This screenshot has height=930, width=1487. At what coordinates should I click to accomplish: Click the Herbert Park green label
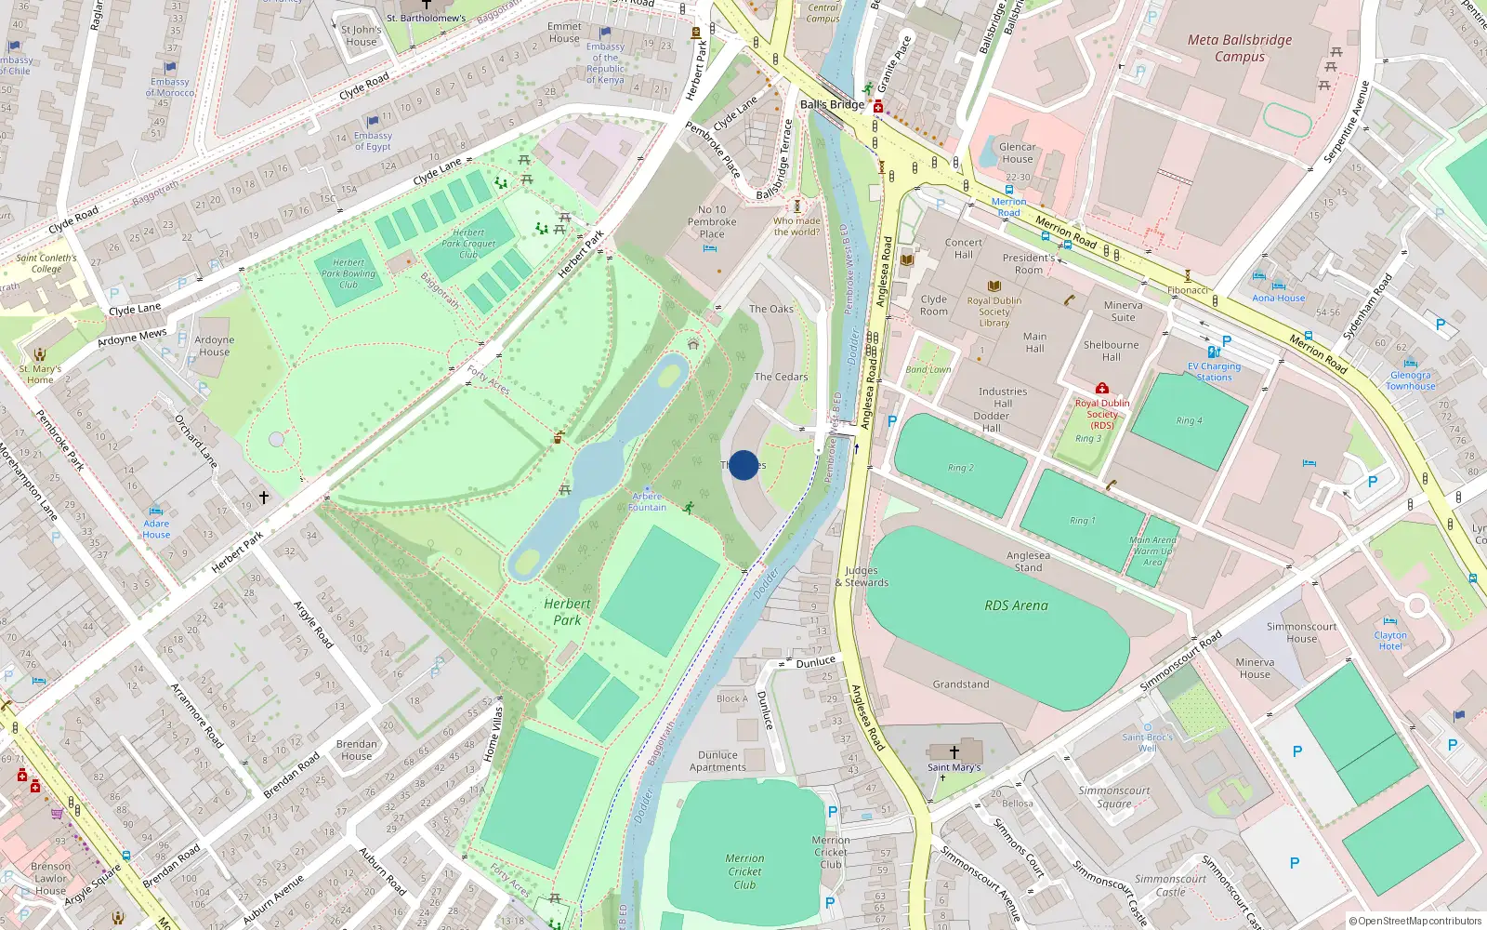click(x=567, y=612)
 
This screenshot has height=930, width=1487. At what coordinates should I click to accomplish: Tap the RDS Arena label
click(x=1016, y=605)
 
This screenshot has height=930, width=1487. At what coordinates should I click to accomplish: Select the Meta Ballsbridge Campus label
click(x=1240, y=48)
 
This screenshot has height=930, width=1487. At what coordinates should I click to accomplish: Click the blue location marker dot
click(x=743, y=465)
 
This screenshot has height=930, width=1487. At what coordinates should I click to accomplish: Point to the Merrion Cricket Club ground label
click(x=744, y=871)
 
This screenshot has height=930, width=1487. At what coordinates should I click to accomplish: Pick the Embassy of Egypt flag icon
click(x=373, y=121)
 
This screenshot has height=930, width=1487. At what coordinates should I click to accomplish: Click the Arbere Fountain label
click(x=647, y=502)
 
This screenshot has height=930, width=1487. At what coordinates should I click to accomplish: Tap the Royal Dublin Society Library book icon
click(x=994, y=286)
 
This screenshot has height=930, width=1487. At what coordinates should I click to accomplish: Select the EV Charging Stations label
click(x=1214, y=372)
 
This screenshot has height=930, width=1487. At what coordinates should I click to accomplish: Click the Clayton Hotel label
click(x=1390, y=641)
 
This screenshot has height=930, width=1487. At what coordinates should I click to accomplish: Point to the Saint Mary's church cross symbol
click(x=954, y=751)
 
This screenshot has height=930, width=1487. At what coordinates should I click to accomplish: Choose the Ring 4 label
click(x=1189, y=420)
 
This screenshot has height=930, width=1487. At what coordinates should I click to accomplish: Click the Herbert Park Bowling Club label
click(x=349, y=273)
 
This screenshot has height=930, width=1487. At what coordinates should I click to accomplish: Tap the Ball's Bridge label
click(x=832, y=104)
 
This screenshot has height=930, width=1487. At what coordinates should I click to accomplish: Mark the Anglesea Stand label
click(x=1028, y=561)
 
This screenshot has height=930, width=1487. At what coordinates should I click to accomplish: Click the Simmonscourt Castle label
click(x=1170, y=885)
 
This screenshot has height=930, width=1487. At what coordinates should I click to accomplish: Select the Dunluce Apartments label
click(x=717, y=762)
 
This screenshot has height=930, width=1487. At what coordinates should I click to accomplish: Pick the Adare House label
click(x=156, y=529)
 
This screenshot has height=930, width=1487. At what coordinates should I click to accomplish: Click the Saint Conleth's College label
click(x=46, y=263)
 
